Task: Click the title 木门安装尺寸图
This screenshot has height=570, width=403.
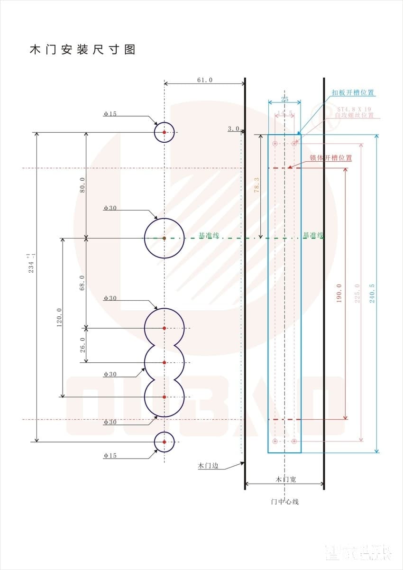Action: click(x=82, y=49)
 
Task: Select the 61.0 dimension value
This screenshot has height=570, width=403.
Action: click(x=205, y=80)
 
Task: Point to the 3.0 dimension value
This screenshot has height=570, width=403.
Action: click(x=233, y=129)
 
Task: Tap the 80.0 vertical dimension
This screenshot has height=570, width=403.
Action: click(x=82, y=185)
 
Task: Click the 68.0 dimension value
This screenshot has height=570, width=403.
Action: click(x=82, y=283)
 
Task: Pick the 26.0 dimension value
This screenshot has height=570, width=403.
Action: click(x=82, y=345)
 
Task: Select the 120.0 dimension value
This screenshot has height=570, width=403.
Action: click(x=60, y=317)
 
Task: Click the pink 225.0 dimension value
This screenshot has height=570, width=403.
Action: click(x=357, y=293)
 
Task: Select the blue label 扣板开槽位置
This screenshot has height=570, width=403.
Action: click(x=353, y=92)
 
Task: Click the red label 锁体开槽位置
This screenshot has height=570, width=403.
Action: click(x=331, y=158)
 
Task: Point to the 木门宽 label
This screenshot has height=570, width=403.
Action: click(x=285, y=479)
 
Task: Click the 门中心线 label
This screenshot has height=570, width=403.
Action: click(x=284, y=501)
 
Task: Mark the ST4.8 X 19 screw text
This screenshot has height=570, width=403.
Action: click(x=354, y=109)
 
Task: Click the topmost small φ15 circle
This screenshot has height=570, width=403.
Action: click(x=164, y=132)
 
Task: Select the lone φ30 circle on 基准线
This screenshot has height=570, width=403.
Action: click(x=164, y=238)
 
